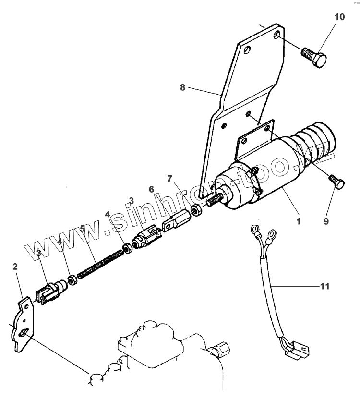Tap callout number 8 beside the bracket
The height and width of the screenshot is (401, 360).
pyautogui.click(x=183, y=88)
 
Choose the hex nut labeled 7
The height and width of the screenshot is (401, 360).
pyautogui.click(x=196, y=209)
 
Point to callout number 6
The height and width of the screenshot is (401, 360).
pyautogui.click(x=151, y=190)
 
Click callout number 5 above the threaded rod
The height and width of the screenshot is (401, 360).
pyautogui.click(x=83, y=228)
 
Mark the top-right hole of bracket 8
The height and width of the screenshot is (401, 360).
pyautogui.click(x=277, y=35)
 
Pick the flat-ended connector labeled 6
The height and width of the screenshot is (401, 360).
pyautogui.click(x=175, y=221)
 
